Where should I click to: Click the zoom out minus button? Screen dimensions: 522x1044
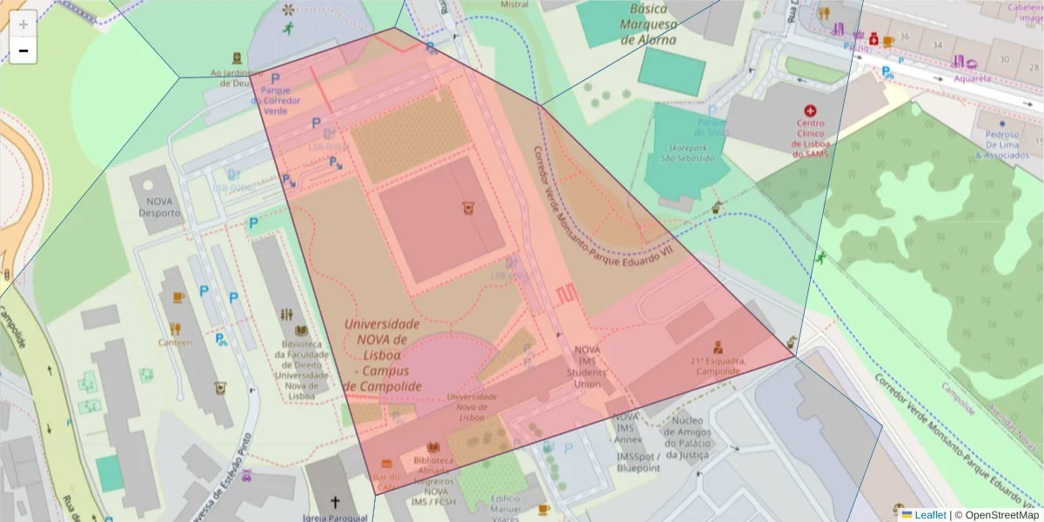(23, 50)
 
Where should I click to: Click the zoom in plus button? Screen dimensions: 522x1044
(23, 24)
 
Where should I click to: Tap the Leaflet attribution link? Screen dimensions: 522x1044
(928, 515)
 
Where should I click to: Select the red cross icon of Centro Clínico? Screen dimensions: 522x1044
(811, 111)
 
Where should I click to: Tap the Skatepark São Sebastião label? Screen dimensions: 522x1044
(686, 153)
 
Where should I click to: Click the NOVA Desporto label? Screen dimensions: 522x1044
(159, 206)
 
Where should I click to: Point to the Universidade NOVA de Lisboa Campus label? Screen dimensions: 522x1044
(382, 354)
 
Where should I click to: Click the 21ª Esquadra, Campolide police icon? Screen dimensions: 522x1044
(718, 346)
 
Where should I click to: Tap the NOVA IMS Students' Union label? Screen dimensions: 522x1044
(587, 366)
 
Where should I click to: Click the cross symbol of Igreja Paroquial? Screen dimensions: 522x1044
(335, 502)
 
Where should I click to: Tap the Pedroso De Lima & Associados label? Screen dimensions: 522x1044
(1007, 144)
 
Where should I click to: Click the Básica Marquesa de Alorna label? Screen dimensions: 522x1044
(648, 23)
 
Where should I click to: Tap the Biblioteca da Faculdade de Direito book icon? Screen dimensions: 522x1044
(301, 331)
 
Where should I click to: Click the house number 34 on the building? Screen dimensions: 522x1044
(937, 44)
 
